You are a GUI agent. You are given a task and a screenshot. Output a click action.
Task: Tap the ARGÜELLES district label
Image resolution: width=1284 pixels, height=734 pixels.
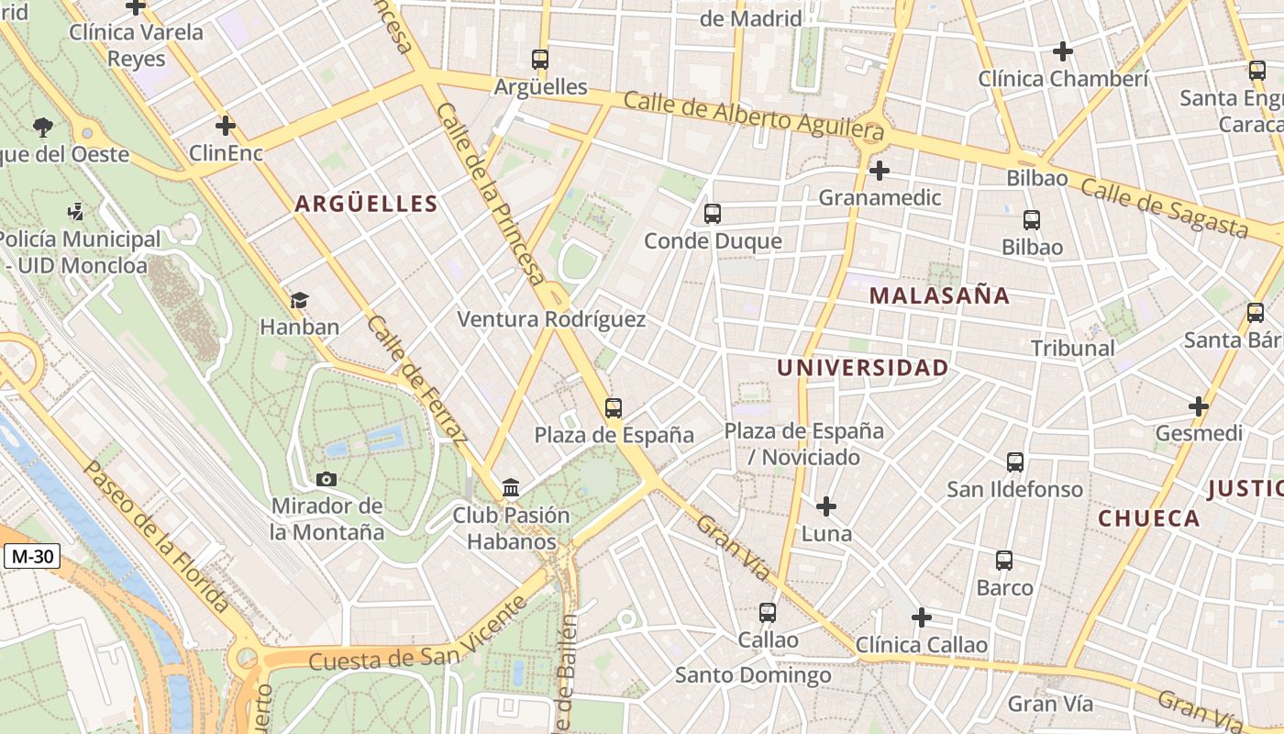(366, 204)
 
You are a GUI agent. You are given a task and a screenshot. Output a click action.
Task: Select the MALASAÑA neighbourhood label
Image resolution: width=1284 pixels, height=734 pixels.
(939, 295)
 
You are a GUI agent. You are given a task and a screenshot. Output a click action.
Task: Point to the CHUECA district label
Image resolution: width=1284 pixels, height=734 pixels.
(1149, 518)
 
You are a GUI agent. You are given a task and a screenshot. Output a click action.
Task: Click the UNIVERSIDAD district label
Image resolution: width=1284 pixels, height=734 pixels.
(862, 368)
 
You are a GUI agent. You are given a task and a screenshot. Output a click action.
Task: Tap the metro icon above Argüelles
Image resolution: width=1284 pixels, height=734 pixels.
(540, 60)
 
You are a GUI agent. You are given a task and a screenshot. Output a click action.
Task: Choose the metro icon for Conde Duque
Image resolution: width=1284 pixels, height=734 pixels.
(713, 214)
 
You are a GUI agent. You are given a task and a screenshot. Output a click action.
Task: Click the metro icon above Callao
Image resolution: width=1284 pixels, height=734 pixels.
(768, 612)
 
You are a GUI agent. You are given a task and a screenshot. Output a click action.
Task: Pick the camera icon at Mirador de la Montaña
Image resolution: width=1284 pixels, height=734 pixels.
(326, 479)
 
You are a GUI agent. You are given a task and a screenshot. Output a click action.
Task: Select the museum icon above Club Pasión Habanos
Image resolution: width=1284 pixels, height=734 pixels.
(511, 487)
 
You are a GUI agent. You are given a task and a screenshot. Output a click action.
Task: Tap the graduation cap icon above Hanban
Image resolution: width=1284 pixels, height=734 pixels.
(299, 300)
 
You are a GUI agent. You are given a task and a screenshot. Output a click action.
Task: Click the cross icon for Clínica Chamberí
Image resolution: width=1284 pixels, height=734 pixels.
(1063, 51)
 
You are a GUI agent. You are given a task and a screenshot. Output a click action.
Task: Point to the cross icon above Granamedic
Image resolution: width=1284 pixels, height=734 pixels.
(880, 171)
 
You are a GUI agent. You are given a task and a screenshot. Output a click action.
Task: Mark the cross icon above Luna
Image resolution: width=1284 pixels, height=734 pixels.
(826, 506)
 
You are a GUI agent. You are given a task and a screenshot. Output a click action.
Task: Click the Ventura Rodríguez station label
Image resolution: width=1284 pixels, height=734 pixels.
(551, 319)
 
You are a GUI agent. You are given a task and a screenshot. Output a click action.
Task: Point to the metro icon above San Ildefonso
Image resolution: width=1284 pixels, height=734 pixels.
(1015, 462)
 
